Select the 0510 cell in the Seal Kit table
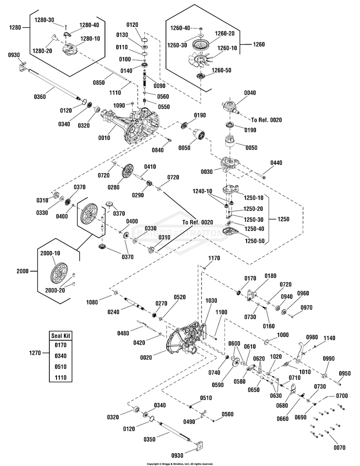click(x=60, y=367)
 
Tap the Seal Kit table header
click(x=60, y=336)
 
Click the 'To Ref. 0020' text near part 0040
click(x=266, y=120)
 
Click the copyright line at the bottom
click(x=180, y=463)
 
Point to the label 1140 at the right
click(x=329, y=338)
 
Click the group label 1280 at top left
click(x=16, y=28)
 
